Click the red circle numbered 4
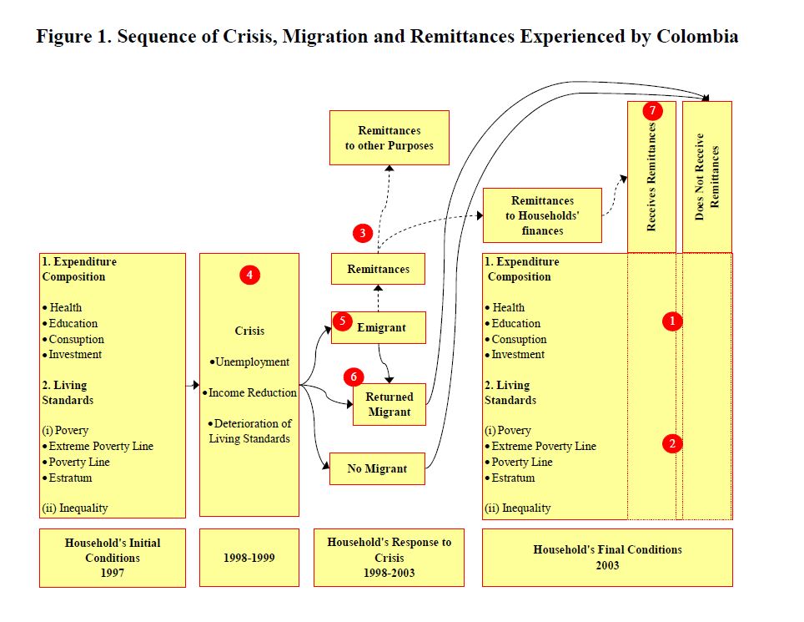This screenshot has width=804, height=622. click(x=249, y=274)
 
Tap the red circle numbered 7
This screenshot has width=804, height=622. click(x=652, y=110)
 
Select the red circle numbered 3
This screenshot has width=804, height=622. click(x=362, y=233)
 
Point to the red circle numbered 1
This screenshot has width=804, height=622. click(x=673, y=321)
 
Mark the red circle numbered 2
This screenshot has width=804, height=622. click(x=673, y=443)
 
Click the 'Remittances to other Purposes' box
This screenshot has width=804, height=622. click(x=389, y=138)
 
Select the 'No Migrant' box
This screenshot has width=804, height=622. click(x=378, y=468)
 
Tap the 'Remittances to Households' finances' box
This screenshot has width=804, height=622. click(x=542, y=215)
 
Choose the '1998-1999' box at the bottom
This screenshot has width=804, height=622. click(x=249, y=557)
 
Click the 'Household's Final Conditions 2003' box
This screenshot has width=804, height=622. click(x=607, y=557)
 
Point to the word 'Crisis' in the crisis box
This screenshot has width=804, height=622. click(x=249, y=331)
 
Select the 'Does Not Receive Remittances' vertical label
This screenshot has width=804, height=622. click(x=706, y=177)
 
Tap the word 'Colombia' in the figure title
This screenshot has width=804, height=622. click(x=696, y=37)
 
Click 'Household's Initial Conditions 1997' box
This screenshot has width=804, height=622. click(x=113, y=557)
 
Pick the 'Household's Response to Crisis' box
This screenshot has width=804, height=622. click(x=389, y=557)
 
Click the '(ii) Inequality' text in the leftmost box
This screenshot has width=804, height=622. click(x=75, y=508)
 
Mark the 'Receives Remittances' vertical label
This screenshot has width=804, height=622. click(x=651, y=177)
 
